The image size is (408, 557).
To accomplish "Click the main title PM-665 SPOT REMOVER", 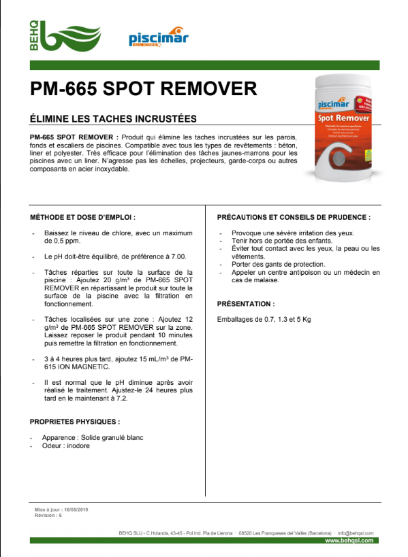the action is click(144, 89).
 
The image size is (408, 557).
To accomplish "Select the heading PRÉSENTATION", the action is click(246, 303).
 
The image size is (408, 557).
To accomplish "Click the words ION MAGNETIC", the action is click(80, 367).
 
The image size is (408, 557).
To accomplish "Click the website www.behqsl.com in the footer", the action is click(349, 540).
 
